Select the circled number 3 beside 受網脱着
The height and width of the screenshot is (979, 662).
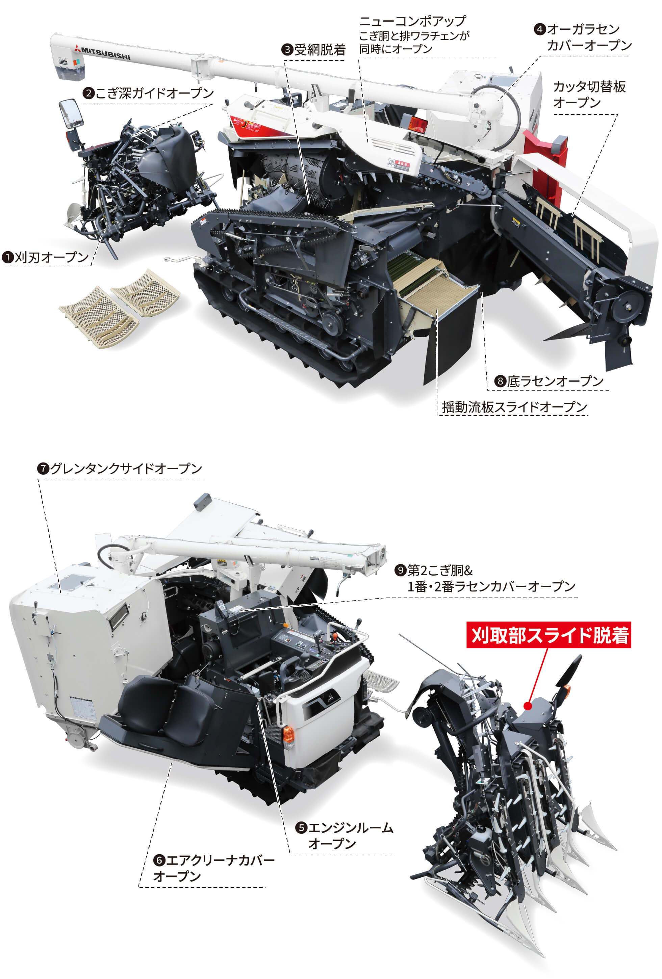point(287,50)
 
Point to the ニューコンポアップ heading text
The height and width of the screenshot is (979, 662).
point(412,21)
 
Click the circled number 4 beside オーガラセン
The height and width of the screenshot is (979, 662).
point(540,29)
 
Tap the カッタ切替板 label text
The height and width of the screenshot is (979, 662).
point(589,87)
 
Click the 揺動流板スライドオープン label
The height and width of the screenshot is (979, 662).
point(514,407)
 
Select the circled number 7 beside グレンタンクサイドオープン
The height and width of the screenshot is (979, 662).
point(43,469)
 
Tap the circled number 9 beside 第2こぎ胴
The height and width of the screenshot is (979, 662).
point(400,571)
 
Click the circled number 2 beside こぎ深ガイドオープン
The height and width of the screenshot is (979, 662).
point(88,93)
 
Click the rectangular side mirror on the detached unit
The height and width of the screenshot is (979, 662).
point(70,114)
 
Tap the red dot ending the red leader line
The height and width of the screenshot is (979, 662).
point(527,706)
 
